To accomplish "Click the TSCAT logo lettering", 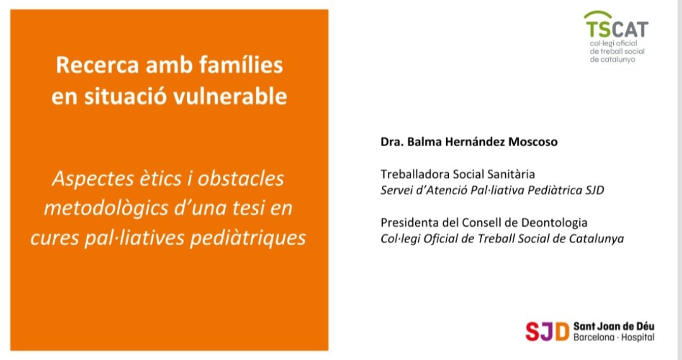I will [x=616, y=28].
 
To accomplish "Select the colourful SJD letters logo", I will [x=547, y=331].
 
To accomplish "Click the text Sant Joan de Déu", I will [x=614, y=326].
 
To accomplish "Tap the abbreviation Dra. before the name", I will [x=392, y=142].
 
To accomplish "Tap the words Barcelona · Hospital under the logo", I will [x=614, y=338].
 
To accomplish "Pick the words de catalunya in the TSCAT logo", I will [x=613, y=59].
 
